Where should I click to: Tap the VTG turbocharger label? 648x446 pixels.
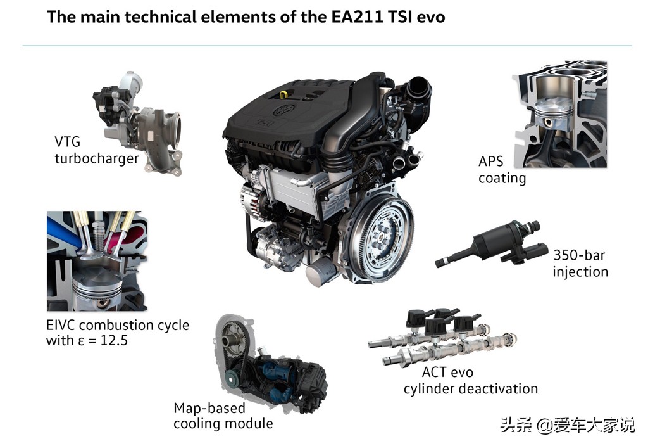click(x=97, y=150)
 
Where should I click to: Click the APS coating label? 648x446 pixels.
click(x=502, y=170)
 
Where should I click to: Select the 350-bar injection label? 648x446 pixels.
click(x=580, y=263)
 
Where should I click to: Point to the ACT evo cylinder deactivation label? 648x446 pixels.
click(x=471, y=381)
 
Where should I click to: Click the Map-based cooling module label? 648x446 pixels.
click(x=223, y=416)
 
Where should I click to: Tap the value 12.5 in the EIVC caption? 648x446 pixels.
click(x=114, y=340)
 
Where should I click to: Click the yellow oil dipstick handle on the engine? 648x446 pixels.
click(x=283, y=94)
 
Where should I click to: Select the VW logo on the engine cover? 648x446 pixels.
click(x=284, y=109)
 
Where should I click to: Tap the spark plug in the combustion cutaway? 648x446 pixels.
click(x=97, y=234)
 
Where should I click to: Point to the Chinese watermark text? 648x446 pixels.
click(x=567, y=425)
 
